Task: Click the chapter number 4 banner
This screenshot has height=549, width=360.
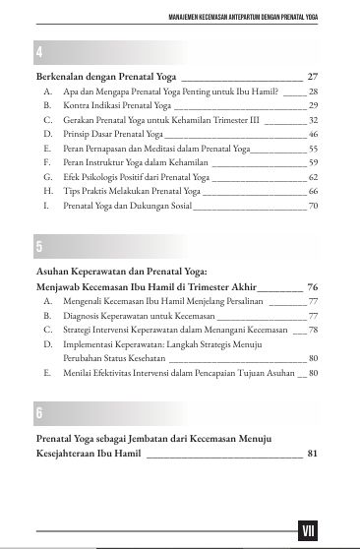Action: click(x=177, y=51)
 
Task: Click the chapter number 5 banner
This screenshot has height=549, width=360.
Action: click(x=177, y=245)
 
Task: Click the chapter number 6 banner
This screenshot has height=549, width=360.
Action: click(x=177, y=411)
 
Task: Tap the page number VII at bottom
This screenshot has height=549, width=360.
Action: click(x=309, y=531)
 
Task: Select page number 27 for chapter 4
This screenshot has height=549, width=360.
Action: click(x=313, y=75)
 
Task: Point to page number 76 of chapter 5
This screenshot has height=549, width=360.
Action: click(x=313, y=286)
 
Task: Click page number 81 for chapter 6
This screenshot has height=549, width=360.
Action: click(x=313, y=454)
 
